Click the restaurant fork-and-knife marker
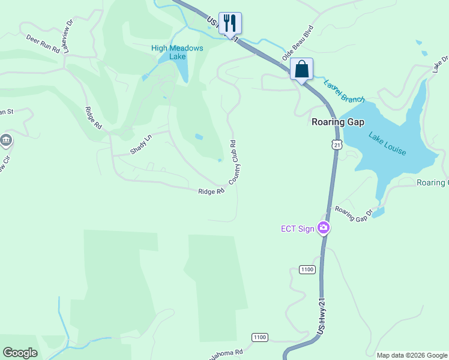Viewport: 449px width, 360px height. [230, 23]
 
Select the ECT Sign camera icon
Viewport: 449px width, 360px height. [324, 227]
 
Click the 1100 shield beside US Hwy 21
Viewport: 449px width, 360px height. [307, 269]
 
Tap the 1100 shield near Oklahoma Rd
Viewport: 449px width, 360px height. [259, 337]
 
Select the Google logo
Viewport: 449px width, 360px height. [20, 353]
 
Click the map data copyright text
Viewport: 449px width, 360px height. [412, 355]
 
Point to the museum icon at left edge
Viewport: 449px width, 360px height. [6, 141]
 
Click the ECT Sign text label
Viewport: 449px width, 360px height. [298, 229]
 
